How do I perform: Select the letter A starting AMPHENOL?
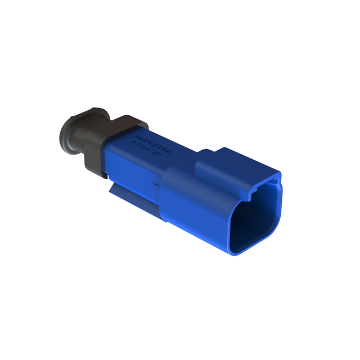coord(134,134)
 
